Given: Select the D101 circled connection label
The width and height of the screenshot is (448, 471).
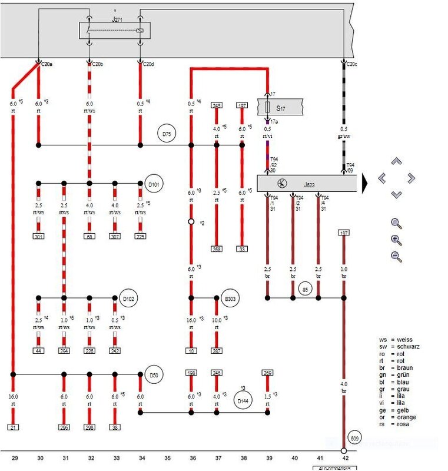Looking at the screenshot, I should [x=153, y=185].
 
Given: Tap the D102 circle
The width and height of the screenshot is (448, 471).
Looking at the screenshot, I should [x=128, y=299].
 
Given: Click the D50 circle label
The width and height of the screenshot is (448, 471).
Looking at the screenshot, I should [x=153, y=375].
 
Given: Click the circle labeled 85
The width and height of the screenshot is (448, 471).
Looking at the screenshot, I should [x=304, y=289].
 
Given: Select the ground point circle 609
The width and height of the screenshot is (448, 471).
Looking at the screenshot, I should [x=355, y=437].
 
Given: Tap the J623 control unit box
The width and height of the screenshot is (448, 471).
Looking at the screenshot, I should [x=307, y=183].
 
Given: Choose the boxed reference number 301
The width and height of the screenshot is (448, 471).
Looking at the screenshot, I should [x=39, y=237].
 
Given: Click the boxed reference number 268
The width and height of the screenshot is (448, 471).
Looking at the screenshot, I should [x=217, y=249].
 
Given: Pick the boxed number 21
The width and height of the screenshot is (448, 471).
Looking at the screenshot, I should [x=12, y=427].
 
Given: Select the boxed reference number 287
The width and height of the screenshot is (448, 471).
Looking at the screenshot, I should [x=217, y=351].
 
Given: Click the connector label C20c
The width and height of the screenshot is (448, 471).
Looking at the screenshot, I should [x=351, y=64].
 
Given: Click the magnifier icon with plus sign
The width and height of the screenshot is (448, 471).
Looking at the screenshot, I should [x=396, y=240].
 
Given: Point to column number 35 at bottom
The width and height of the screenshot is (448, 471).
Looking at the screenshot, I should [x=167, y=457].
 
